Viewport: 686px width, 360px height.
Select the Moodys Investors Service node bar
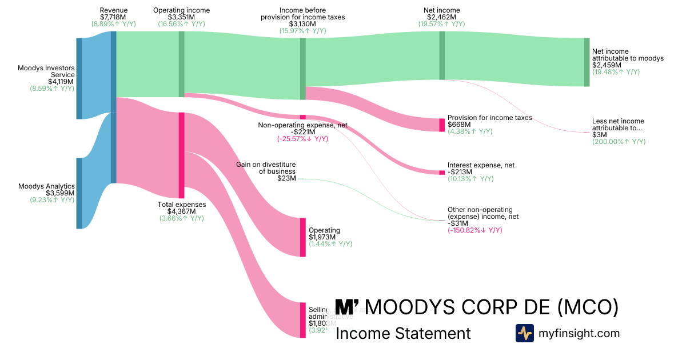(79, 78)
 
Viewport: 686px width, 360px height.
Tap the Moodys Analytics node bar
(79, 193)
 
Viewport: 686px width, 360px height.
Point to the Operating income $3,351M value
(181, 17)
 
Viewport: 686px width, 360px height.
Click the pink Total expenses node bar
(181, 155)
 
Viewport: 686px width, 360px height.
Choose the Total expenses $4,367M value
(181, 211)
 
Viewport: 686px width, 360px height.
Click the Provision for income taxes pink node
(442, 125)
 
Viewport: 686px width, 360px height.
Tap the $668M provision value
(459, 125)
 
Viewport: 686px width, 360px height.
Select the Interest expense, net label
(481, 165)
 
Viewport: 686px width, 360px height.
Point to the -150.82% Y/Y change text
(474, 230)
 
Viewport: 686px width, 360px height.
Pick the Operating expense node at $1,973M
(303, 237)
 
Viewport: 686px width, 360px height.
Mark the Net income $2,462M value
(441, 17)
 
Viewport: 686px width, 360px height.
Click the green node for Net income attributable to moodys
(587, 62)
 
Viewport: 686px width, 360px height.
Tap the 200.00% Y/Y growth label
(619, 141)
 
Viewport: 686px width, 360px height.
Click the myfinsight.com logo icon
(524, 333)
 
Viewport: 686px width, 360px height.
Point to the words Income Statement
(403, 333)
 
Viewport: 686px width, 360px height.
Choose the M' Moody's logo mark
(347, 307)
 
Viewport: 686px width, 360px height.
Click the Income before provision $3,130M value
(303, 24)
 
